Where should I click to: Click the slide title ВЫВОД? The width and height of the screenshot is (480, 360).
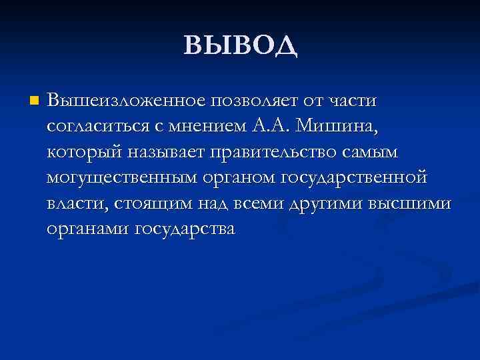pyautogui.click(x=240, y=45)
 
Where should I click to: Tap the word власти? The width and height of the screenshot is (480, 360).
pyautogui.click(x=73, y=203)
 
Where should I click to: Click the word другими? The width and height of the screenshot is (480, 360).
pyautogui.click(x=322, y=203)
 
